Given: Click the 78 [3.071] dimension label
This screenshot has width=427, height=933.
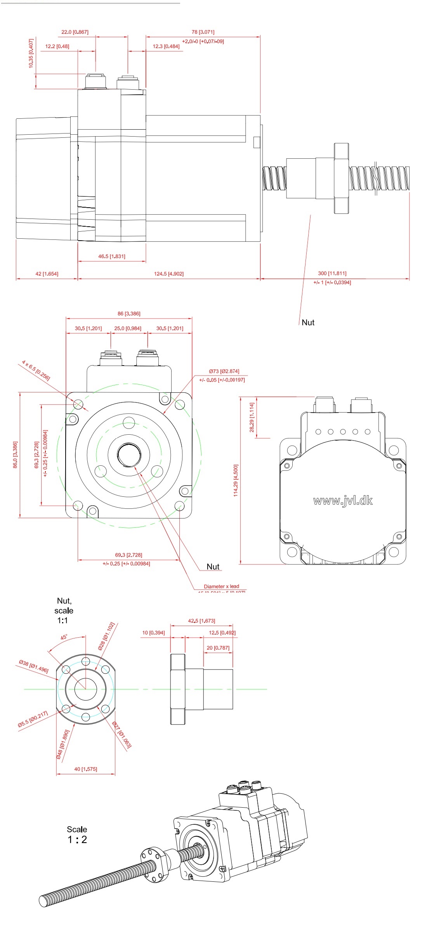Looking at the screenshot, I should pos(203,32).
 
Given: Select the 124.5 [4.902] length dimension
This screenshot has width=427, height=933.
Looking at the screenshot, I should pos(168,274).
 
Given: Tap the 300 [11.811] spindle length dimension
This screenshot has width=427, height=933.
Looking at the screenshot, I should pos(332,273).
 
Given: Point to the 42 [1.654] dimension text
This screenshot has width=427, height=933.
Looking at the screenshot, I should pos(47,274).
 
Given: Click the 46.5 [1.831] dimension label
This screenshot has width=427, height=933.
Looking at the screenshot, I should pos(111,256).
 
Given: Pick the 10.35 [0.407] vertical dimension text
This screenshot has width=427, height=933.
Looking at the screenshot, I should pos(31,54).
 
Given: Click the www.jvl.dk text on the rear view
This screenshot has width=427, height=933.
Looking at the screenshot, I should pos(343,501).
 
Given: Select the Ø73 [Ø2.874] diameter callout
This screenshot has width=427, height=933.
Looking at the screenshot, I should pos(224,371).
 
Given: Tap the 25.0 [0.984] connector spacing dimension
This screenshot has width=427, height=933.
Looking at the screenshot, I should pos(128,328).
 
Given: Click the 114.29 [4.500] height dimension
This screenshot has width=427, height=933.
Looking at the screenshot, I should pos(236,480).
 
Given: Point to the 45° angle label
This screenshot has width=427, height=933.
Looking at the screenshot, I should pos(64,637).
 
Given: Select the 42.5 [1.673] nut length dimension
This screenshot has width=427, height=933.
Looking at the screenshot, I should pos(201,621).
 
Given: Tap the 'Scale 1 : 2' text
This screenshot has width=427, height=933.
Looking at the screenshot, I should pos(77,834).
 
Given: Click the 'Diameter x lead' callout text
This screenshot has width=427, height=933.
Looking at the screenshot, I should pos(221,586).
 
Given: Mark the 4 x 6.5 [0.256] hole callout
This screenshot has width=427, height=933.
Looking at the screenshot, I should pos(36,371).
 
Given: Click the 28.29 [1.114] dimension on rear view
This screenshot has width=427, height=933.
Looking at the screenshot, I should pos(252,417).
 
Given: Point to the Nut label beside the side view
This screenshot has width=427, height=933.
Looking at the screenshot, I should pos(308,322).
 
